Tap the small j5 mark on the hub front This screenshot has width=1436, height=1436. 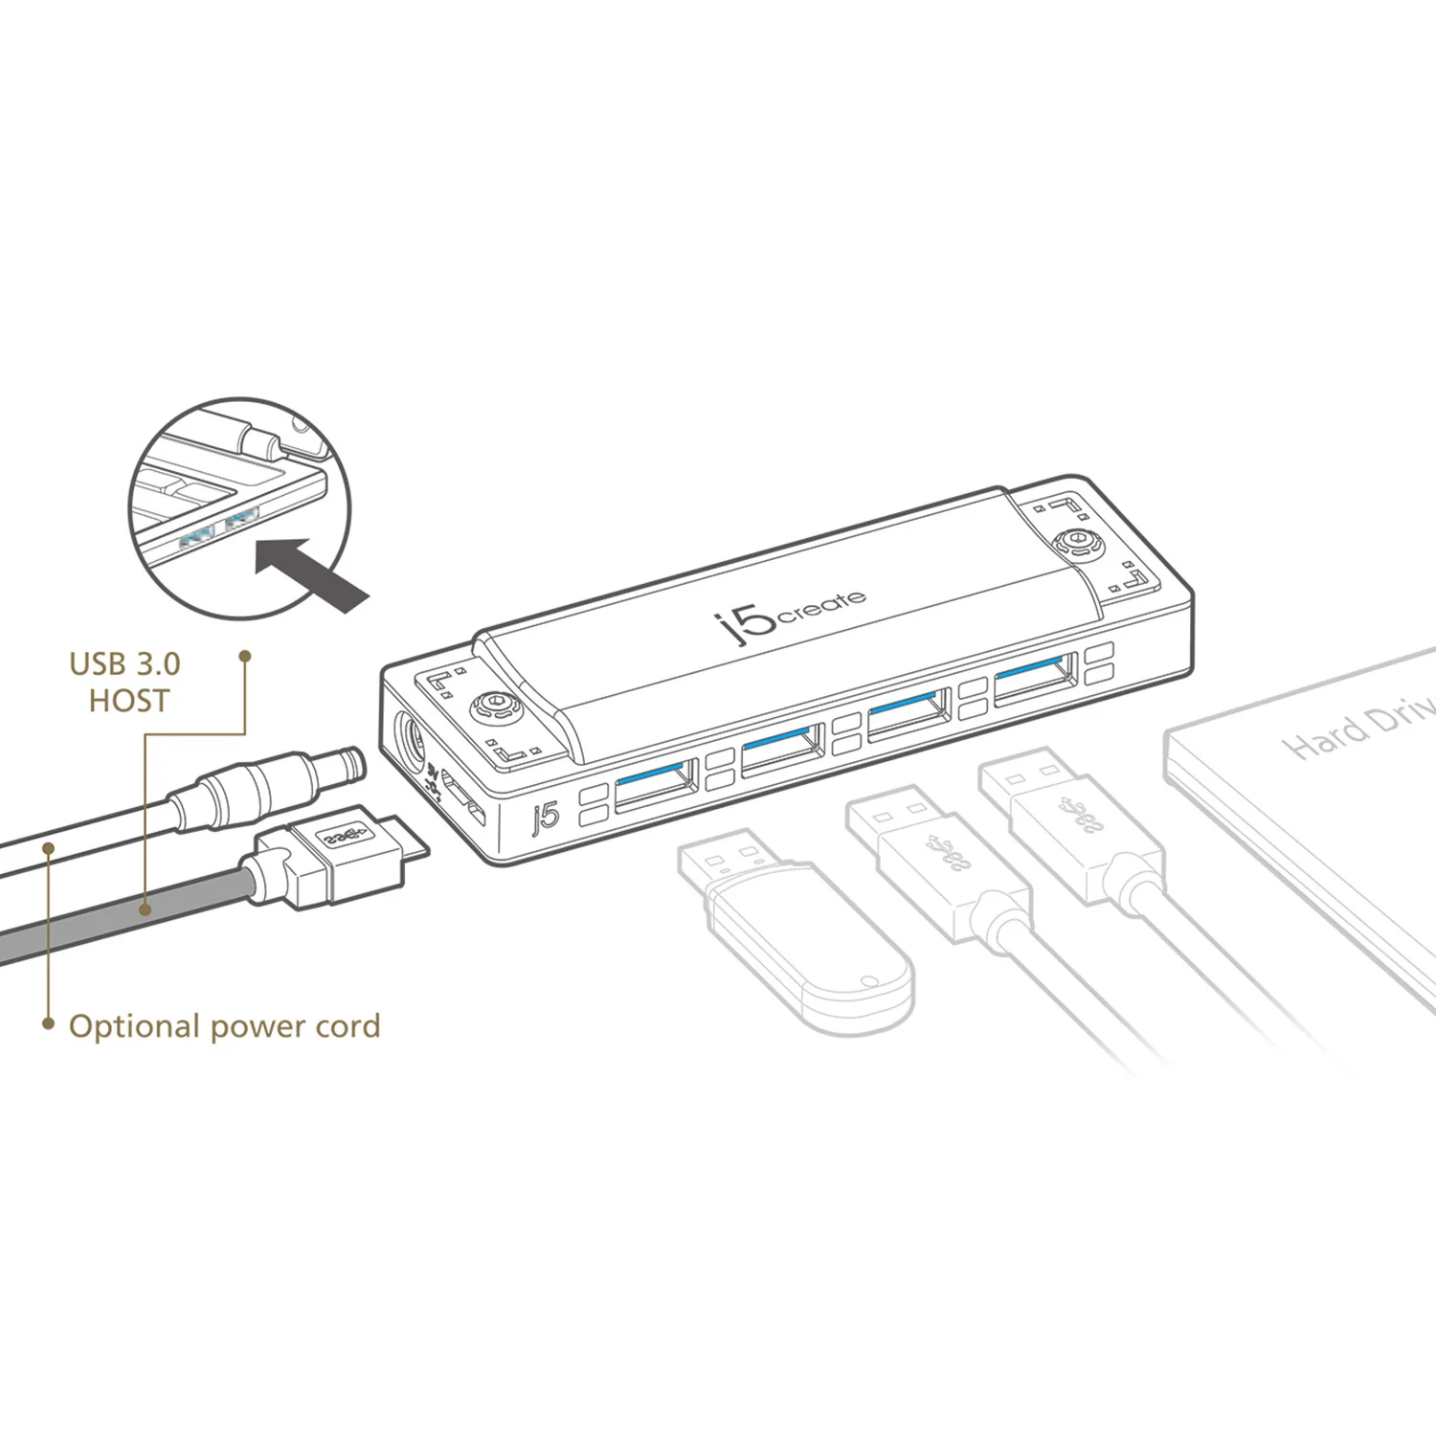point(545,817)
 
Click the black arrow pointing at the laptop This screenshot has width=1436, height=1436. point(312,572)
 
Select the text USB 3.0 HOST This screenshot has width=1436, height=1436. point(125,682)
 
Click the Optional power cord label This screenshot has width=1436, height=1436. point(224,1026)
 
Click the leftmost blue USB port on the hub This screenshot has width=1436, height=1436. point(656,784)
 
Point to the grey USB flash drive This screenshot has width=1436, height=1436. point(795,938)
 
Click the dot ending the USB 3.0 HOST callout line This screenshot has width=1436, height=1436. point(245,657)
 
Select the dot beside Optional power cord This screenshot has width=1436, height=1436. point(48,1024)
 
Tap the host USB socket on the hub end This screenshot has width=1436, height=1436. point(463,800)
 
